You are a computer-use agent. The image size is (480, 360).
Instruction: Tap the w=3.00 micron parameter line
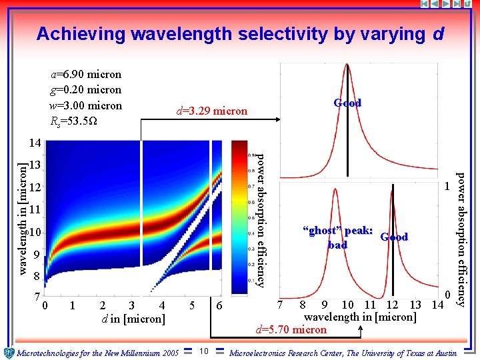pyautogui.click(x=87, y=105)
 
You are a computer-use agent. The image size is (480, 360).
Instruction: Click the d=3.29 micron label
pyautogui.click(x=211, y=111)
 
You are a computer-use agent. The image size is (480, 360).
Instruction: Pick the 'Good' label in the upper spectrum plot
pyautogui.click(x=347, y=103)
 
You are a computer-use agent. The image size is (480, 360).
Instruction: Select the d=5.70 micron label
pyautogui.click(x=291, y=329)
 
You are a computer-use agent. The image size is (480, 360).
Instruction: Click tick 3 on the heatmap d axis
pyautogui.click(x=131, y=306)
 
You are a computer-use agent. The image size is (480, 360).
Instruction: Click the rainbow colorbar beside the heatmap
pyautogui.click(x=239, y=217)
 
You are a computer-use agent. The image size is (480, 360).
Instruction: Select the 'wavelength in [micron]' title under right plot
pyautogui.click(x=360, y=317)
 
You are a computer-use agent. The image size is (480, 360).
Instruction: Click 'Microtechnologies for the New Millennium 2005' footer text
pyautogui.click(x=98, y=353)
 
